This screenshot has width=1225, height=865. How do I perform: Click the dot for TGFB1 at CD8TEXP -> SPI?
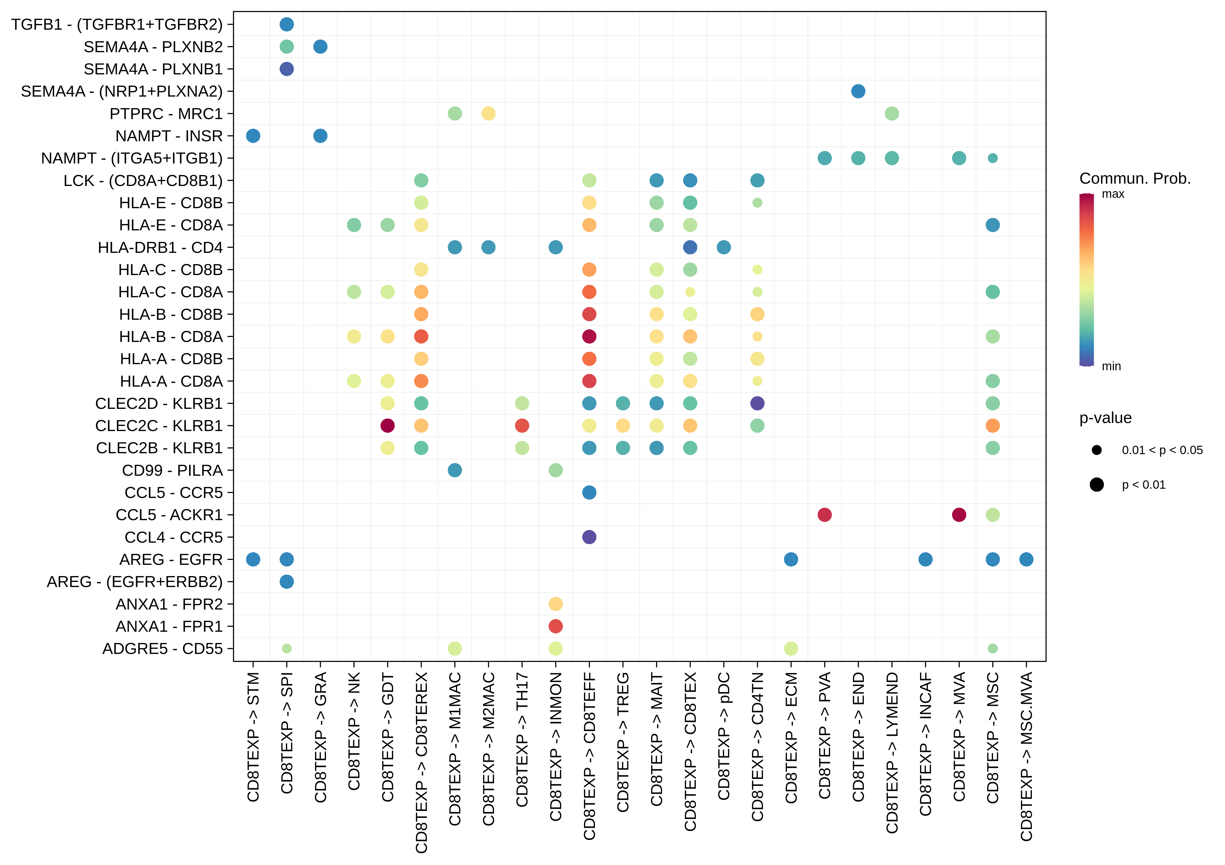coord(287,25)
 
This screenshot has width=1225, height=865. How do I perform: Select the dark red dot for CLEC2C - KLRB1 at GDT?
coord(387,426)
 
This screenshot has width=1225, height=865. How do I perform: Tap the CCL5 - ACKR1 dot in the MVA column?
coord(959,515)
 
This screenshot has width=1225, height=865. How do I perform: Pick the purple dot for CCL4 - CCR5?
coord(589,537)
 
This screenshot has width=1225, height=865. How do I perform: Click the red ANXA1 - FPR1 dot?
coord(555,627)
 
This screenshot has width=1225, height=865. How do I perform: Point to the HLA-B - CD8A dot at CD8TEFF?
coord(589,337)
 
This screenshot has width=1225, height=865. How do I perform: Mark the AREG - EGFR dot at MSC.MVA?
coord(1026,560)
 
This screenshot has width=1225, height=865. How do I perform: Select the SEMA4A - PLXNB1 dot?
coord(287,69)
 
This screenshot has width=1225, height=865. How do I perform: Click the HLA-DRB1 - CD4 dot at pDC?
coord(723,248)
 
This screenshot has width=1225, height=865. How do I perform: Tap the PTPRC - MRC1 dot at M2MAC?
coord(488,114)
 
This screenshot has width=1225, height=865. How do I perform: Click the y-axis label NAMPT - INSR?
coord(169,136)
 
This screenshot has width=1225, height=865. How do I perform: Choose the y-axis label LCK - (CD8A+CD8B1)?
coord(143,181)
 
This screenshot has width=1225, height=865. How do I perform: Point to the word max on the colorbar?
coord(1113,194)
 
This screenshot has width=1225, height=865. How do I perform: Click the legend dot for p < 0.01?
coord(1096,484)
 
